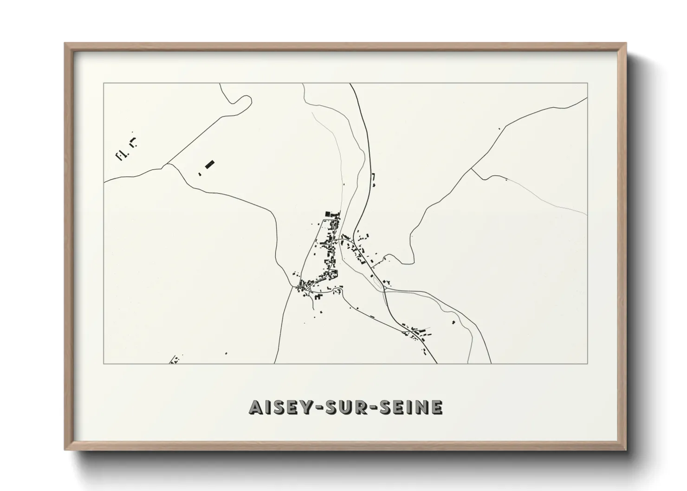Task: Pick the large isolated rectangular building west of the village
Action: click(210, 164)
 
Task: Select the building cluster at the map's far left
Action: click(125, 150)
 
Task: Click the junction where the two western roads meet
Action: click(167, 164)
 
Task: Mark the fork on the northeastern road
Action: click(472, 168)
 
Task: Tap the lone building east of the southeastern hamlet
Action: click(453, 322)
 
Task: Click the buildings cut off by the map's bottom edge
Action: click(175, 360)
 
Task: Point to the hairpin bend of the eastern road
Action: click(408, 262)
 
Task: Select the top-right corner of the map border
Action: click(588, 83)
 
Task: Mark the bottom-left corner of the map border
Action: click(104, 364)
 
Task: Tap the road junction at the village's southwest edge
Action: click(297, 286)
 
